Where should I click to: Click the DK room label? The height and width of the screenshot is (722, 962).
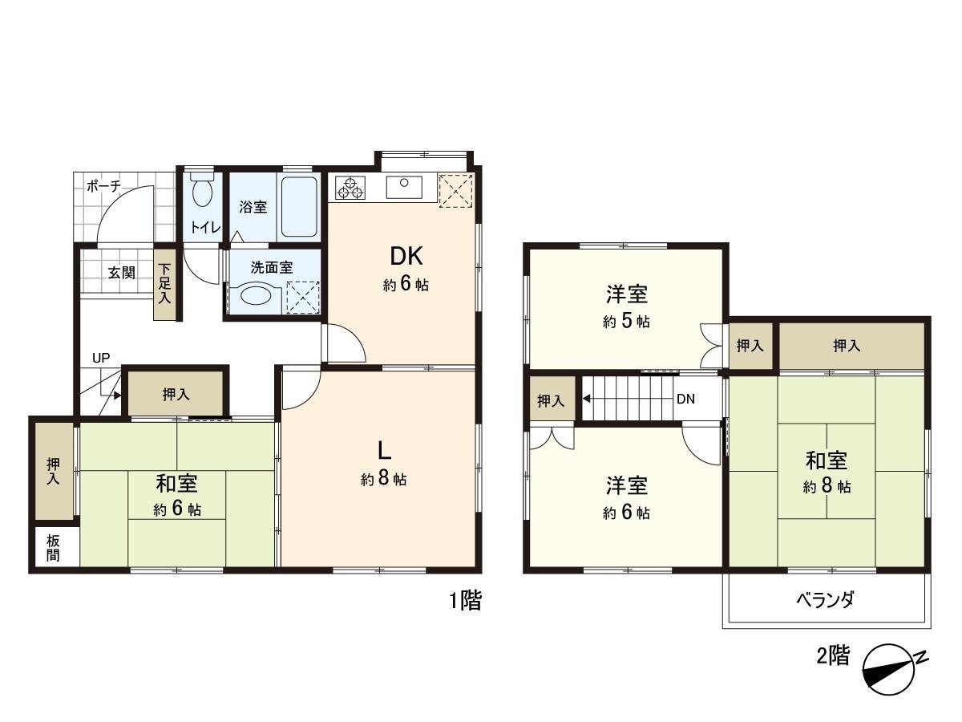pyautogui.click(x=406, y=257)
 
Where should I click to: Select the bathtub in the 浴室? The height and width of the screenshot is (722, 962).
pyautogui.click(x=299, y=206)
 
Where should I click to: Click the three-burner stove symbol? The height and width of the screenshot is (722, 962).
pyautogui.click(x=350, y=189)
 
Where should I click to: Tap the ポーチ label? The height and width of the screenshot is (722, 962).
pyautogui.click(x=103, y=186)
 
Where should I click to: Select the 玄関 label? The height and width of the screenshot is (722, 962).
pyautogui.click(x=122, y=272)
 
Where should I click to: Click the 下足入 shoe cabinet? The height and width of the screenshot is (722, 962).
pyautogui.click(x=165, y=282)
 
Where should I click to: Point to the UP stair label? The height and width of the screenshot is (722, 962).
pyautogui.click(x=101, y=358)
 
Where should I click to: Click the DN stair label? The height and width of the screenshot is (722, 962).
pyautogui.click(x=685, y=399)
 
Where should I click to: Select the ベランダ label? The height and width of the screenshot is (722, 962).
pyautogui.click(x=826, y=599)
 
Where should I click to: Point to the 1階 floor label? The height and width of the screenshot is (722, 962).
pyautogui.click(x=465, y=601)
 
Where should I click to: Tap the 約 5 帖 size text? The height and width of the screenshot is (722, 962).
pyautogui.click(x=626, y=322)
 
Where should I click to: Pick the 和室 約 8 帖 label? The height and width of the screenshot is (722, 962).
pyautogui.click(x=827, y=473)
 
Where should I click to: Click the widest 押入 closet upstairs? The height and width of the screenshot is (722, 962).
pyautogui.click(x=847, y=346)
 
